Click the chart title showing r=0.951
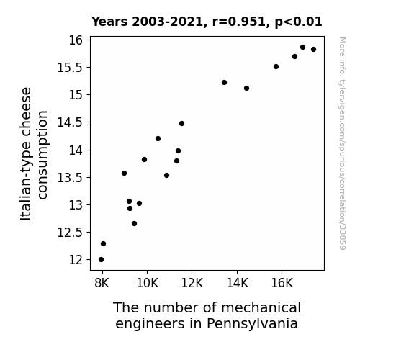tap(207, 22)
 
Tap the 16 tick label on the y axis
tap(76, 40)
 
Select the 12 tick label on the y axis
tap(76, 260)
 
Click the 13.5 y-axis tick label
tap(70, 178)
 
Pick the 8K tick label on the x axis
tap(102, 283)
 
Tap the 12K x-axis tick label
tap(192, 283)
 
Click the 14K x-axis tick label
tap(237, 283)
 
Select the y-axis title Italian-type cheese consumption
tap(34, 153)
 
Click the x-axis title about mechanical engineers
tap(207, 315)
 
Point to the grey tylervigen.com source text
tap(343, 143)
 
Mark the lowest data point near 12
tap(101, 260)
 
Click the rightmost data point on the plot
tap(314, 50)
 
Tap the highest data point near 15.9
tap(303, 48)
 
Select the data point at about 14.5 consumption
tap(181, 124)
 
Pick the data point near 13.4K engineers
tap(225, 82)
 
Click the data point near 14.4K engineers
tap(247, 89)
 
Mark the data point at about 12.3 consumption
tap(103, 244)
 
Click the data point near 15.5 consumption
tap(276, 66)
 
